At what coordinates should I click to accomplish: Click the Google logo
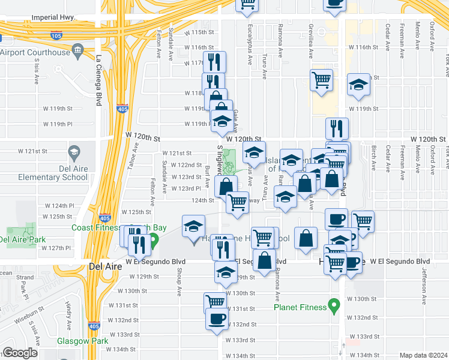click(20, 353)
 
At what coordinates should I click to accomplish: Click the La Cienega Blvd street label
click(98, 80)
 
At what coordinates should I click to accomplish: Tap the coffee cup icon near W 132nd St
click(216, 318)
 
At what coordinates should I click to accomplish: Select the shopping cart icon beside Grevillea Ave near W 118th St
click(322, 79)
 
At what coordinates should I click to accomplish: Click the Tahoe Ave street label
click(136, 158)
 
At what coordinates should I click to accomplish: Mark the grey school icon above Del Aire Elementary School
click(74, 152)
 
